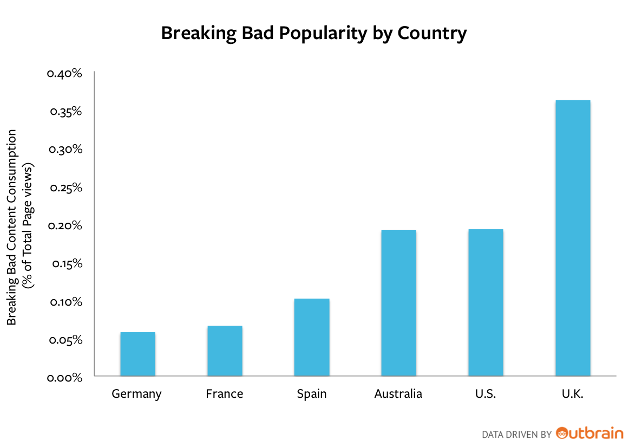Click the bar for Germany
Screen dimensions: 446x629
coord(137,354)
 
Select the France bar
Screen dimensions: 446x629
coord(225,351)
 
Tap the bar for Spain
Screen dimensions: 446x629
coord(312,337)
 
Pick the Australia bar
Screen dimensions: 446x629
coord(398,302)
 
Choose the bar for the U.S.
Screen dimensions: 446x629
coord(486,302)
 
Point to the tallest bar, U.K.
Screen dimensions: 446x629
coord(573,238)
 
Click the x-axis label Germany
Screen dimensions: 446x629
coord(136,394)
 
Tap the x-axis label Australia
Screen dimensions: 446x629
coord(398,393)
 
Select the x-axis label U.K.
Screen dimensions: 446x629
coord(572,393)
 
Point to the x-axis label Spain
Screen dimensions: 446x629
coord(312,394)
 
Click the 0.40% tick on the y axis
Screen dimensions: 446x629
coord(64,73)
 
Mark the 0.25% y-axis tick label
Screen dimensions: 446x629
coord(65,188)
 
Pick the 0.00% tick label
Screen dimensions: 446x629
coord(65,378)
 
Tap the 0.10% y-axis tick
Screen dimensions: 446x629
coord(65,302)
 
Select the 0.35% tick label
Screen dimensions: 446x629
coord(65,112)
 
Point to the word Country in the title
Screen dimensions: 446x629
coord(431,34)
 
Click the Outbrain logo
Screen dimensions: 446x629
coord(589,433)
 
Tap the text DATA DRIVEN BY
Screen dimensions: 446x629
coord(516,434)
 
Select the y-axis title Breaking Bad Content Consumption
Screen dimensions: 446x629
coord(12,227)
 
